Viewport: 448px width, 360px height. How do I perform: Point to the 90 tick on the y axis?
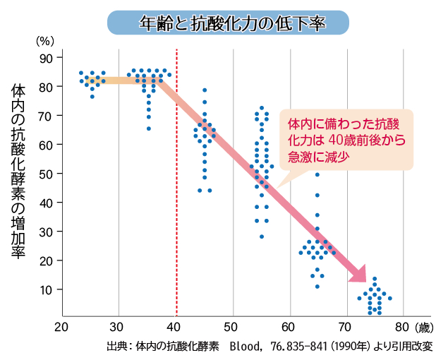click(47, 57)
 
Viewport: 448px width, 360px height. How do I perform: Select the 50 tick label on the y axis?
click(47, 174)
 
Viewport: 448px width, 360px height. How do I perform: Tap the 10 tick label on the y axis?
click(47, 289)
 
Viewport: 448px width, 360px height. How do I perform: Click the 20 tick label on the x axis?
click(62, 328)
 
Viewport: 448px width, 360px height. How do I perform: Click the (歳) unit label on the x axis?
click(422, 328)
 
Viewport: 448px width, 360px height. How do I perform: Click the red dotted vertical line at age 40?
click(176, 212)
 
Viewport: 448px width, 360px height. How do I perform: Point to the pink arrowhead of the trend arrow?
click(358, 275)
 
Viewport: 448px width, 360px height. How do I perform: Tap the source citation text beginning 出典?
click(269, 347)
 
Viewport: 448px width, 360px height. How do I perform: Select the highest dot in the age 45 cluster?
click(205, 90)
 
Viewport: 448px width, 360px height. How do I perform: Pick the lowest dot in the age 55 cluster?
click(261, 236)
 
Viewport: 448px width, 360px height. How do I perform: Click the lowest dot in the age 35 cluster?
click(148, 128)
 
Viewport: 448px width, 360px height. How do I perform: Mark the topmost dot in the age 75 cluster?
click(375, 279)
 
